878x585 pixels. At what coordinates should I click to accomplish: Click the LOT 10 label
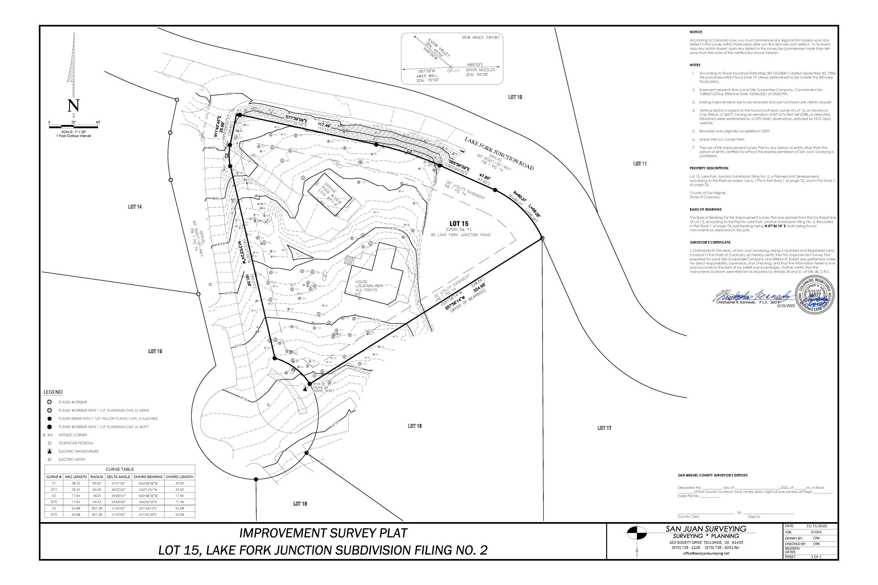point(515,97)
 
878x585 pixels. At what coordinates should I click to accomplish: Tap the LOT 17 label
point(604,428)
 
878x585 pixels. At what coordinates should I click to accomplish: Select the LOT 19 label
point(155,351)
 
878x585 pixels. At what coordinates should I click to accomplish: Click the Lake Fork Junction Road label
point(499,153)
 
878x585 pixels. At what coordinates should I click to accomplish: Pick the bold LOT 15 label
point(459,224)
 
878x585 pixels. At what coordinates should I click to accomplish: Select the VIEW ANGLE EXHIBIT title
point(481,38)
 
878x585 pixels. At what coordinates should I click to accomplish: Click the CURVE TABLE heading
point(119,469)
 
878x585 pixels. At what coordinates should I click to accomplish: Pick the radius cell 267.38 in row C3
point(97,508)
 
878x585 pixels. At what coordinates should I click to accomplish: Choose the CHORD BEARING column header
point(148,477)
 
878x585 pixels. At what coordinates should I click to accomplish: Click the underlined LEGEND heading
point(53,392)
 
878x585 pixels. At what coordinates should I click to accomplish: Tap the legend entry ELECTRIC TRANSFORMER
point(78,451)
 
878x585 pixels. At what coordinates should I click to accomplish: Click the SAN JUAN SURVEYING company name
point(706,529)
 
